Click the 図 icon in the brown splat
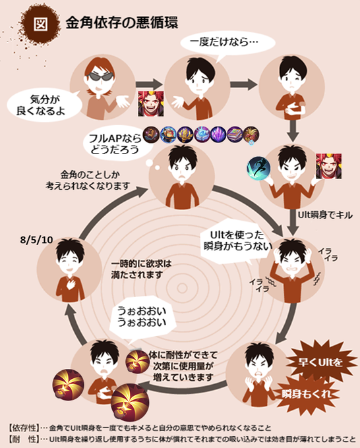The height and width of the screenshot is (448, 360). point(40,24)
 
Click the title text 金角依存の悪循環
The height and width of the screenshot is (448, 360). point(122,22)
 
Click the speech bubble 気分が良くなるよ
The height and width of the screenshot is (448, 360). point(44,105)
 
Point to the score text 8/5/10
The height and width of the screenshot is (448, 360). point(37,240)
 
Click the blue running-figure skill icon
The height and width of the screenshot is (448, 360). point(258,168)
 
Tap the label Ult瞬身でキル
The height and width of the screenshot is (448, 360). point(325,215)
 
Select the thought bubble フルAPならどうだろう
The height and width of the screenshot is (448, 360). point(115,144)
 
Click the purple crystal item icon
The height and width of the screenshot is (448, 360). point(218,134)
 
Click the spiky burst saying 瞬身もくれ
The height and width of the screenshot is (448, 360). point(307,394)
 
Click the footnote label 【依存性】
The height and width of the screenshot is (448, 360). point(24,428)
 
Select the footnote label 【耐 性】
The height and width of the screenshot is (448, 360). point(24,439)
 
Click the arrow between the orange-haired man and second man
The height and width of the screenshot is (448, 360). point(149,84)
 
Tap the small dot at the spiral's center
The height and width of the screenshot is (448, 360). point(182,289)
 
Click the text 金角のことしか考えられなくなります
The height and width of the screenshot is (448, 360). point(88,180)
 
